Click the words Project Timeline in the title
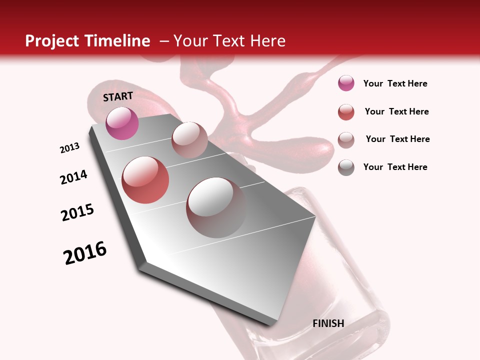click(x=87, y=41)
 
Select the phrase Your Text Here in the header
click(x=229, y=41)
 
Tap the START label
click(x=118, y=96)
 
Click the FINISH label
click(x=328, y=323)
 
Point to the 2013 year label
click(x=70, y=148)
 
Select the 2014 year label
click(x=74, y=177)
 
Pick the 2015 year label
click(x=77, y=212)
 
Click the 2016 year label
click(x=85, y=253)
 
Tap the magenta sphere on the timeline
click(x=122, y=123)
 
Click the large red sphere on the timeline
click(x=145, y=180)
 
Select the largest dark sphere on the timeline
click(x=216, y=207)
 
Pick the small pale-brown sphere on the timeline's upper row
click(x=189, y=139)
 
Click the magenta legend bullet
click(x=346, y=83)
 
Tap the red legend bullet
click(x=346, y=112)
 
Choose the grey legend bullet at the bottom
click(x=346, y=167)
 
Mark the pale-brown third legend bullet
click(x=346, y=140)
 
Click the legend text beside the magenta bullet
click(x=395, y=83)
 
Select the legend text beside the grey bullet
click(x=395, y=167)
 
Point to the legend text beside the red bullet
click(x=397, y=111)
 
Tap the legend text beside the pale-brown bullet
click(x=398, y=139)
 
